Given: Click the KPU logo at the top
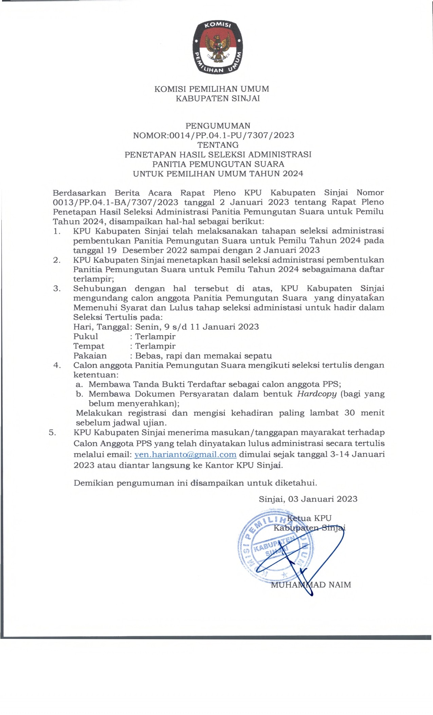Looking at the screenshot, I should (217, 47).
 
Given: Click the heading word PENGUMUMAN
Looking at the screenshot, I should (218, 126).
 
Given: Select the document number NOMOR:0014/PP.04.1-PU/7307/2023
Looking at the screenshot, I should (214, 135).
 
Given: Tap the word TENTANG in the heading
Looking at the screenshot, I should (218, 145).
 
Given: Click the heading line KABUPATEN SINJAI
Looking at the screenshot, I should (218, 99).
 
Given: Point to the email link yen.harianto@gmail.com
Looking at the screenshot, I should (185, 455).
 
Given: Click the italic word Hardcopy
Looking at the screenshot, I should (317, 394).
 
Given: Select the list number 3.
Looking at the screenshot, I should (57, 289).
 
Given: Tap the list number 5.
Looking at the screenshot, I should (52, 433).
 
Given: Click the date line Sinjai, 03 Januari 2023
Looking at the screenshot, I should (308, 499).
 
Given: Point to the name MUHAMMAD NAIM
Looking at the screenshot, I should (311, 585).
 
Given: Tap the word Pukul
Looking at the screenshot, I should (86, 337).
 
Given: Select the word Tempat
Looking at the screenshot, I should (89, 346).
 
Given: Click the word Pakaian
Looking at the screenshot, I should (90, 356).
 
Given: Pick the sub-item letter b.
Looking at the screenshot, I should (79, 394).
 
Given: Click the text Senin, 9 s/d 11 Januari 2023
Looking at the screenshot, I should (197, 327).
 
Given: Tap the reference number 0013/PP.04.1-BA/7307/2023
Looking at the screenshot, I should (115, 202).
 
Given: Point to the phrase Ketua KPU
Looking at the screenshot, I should (309, 518).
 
